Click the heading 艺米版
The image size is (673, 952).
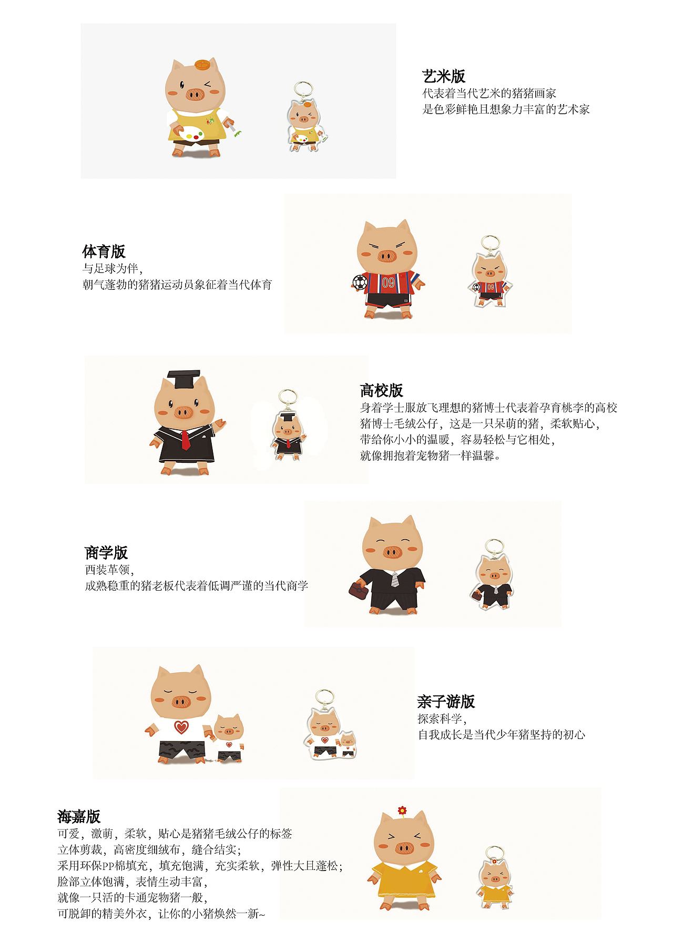[x=444, y=77]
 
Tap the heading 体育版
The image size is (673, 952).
[x=104, y=251]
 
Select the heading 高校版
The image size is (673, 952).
[x=381, y=390]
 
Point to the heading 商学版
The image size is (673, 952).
[x=106, y=553]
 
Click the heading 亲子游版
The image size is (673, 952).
[x=446, y=701]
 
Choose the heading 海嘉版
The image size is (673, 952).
[x=79, y=816]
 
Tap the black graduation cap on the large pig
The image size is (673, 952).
[x=183, y=378]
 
